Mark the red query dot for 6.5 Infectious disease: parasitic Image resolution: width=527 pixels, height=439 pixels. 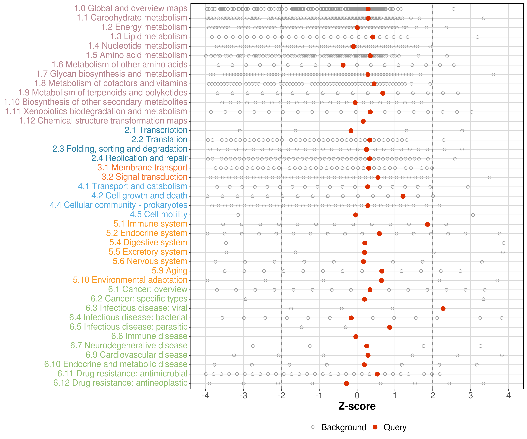(x=390, y=327)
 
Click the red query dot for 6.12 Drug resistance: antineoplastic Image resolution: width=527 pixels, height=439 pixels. (x=347, y=383)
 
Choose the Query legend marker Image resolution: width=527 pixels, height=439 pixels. (x=375, y=427)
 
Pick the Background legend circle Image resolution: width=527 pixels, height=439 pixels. (x=313, y=427)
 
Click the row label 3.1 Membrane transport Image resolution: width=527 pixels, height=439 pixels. (x=142, y=168)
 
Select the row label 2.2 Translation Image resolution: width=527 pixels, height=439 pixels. (x=159, y=139)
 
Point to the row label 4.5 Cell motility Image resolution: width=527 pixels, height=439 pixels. (x=159, y=215)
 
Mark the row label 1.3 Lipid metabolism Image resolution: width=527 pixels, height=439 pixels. (x=149, y=37)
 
